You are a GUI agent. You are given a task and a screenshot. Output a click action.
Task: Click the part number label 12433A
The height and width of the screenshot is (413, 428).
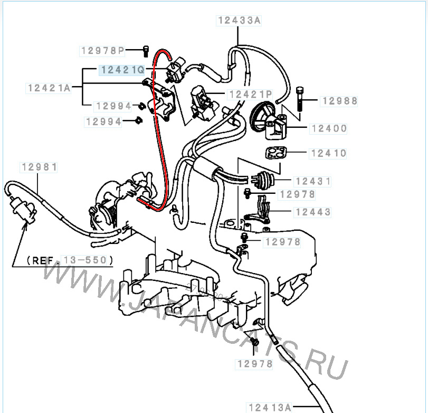coord(239,21)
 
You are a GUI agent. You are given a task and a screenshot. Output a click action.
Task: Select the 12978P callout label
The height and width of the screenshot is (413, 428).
coord(102,51)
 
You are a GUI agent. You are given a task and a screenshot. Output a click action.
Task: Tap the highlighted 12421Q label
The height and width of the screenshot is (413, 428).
coord(122,70)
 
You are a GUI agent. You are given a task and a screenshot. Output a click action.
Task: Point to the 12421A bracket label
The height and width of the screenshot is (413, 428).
coord(49,88)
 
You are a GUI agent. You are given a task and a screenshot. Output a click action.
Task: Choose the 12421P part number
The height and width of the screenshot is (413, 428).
coord(250,95)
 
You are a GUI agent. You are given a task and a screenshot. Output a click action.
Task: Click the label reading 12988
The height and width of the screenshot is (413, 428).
coord(339,101)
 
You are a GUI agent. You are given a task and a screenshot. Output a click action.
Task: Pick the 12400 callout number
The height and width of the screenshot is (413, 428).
coord(329,129)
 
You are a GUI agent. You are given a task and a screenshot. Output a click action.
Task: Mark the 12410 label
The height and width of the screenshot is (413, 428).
coord(328,153)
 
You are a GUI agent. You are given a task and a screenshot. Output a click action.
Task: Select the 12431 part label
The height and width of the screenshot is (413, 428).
coord(313,181)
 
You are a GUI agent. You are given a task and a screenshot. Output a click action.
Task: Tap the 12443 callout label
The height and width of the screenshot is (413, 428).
coord(313,212)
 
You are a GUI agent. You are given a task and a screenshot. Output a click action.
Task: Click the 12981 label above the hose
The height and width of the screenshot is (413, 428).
coord(39,167)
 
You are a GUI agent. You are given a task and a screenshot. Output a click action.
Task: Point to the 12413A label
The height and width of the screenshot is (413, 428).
coord(269,407)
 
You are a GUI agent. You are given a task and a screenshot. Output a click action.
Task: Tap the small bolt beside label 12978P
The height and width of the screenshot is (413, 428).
coord(146,51)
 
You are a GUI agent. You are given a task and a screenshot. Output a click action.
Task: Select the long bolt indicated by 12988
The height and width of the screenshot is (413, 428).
coord(300,99)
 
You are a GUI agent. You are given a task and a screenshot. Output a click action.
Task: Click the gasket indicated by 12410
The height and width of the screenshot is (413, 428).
coord(275,153)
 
